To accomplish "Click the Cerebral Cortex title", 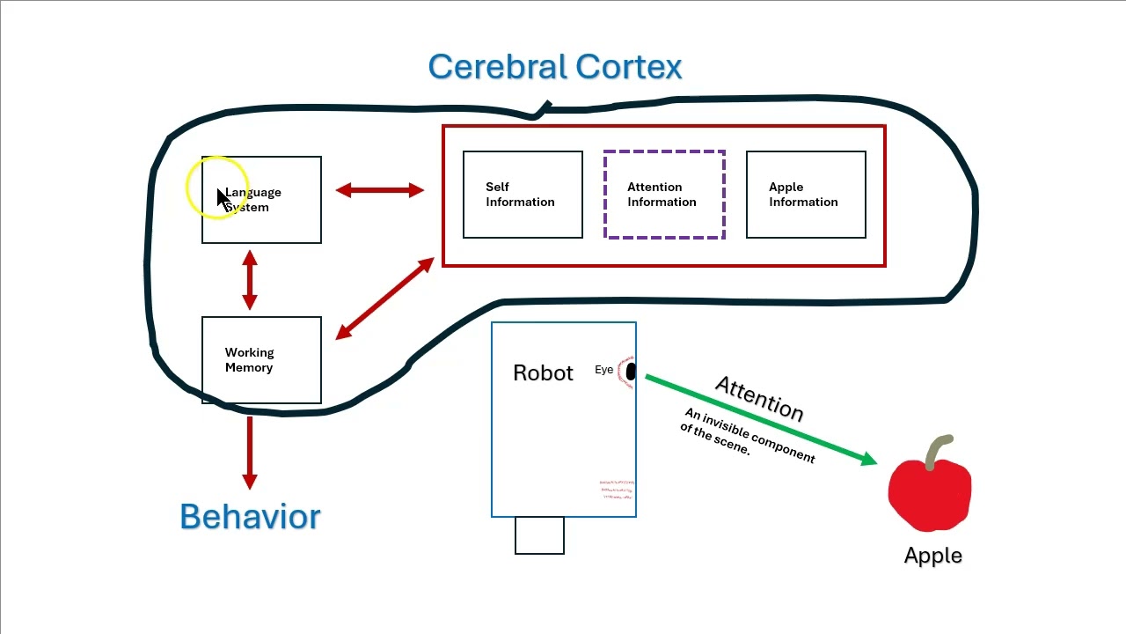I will point(555,67).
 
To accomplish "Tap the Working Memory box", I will point(261,360).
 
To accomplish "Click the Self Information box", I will point(523,195).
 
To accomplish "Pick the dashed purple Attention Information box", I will point(664,195).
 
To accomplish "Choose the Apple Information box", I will point(806,195).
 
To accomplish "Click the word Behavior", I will point(250,517).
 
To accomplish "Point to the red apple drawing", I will point(929,493).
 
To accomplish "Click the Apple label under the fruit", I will point(932,556).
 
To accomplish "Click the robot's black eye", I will point(630,372).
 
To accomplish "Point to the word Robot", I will point(543,372).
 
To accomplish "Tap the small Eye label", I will point(603,370).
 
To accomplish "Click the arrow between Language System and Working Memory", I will point(250,280).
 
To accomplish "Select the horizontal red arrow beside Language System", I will point(380,190).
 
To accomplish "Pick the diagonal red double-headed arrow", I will point(384,299).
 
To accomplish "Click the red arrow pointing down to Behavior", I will point(250,452).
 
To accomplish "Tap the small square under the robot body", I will point(539,535).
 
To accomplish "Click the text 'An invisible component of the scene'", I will point(748,435).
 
